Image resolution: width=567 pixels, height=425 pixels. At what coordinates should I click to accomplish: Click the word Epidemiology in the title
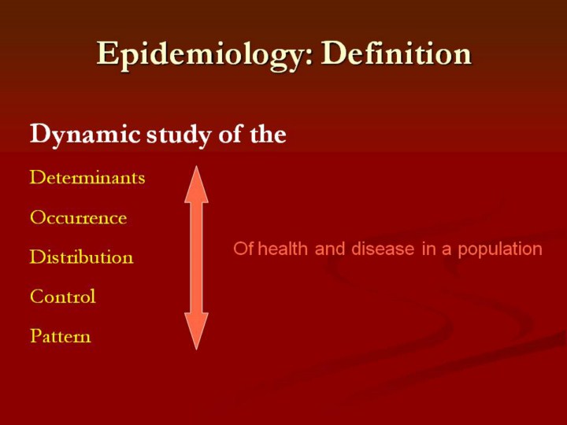(x=199, y=55)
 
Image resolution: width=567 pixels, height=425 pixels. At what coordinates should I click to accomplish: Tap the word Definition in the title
(x=396, y=54)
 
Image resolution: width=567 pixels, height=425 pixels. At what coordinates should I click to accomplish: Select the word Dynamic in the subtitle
(x=85, y=135)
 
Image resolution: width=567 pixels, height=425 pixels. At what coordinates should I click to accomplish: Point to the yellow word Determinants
(x=87, y=177)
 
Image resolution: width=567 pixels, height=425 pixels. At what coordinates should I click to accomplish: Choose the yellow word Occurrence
(x=79, y=217)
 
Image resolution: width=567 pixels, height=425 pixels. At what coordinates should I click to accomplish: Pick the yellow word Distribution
(x=82, y=257)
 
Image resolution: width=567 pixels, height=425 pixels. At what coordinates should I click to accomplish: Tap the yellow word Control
(x=63, y=297)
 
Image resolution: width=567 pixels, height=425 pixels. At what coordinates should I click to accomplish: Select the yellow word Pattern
(x=61, y=336)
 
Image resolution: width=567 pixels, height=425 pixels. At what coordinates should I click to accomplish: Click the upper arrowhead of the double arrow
(x=196, y=184)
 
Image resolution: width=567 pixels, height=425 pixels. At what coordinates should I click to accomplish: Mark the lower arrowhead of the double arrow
(x=196, y=331)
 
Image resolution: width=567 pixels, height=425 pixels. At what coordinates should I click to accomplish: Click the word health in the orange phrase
(x=283, y=249)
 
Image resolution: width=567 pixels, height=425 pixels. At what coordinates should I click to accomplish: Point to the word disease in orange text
(x=383, y=249)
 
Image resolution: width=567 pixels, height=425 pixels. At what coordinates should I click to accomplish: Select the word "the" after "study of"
(x=269, y=134)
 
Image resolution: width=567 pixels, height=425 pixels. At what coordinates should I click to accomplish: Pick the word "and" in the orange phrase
(x=330, y=249)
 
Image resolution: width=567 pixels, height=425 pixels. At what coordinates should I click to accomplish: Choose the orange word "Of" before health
(x=243, y=249)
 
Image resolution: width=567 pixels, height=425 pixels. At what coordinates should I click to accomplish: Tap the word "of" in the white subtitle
(x=231, y=134)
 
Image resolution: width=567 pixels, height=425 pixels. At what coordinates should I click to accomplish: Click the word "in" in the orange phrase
(x=428, y=249)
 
